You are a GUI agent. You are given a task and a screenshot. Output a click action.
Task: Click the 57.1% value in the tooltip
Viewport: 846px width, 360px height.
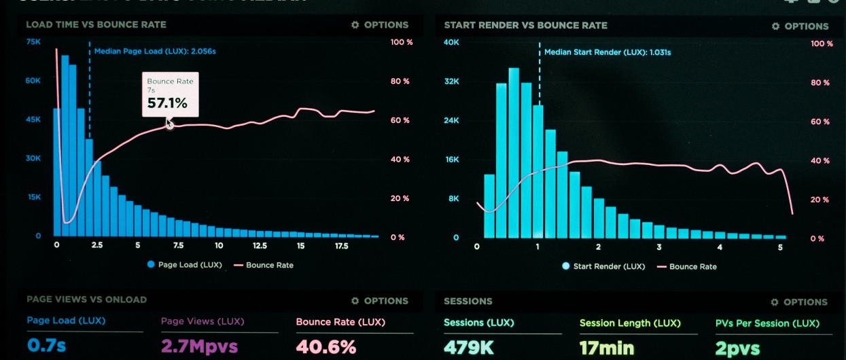coord(167,104)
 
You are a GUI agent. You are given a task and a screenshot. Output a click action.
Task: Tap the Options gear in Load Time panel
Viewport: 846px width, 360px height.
coord(355,25)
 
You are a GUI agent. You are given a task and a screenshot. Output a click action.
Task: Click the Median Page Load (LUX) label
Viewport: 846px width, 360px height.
coord(155,51)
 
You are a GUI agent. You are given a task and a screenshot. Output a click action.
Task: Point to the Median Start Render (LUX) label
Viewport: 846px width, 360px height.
coord(607,52)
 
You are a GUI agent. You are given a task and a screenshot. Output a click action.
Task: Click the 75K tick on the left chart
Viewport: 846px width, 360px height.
coord(33,41)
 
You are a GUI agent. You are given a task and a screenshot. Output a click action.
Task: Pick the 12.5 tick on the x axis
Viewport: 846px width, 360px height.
coord(260,246)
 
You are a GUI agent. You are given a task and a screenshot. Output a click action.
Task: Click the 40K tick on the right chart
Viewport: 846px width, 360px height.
coord(451,42)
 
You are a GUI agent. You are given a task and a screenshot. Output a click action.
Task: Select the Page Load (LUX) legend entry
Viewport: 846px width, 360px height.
coord(184,265)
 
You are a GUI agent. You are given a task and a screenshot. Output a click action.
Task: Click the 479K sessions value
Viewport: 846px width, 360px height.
coord(468,347)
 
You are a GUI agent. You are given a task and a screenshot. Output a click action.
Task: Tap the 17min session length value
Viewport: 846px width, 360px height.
coord(606,348)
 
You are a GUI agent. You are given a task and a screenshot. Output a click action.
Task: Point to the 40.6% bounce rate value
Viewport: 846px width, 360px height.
coord(325,346)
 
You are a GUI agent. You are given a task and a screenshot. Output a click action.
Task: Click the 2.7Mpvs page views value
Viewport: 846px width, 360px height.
coord(199,346)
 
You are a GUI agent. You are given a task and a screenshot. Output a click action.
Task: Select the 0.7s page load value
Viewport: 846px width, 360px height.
coord(46,346)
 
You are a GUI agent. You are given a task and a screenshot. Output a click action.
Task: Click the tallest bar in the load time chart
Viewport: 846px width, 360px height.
coord(65,146)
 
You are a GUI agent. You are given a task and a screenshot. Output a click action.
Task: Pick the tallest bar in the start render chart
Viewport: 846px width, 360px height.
coord(514,153)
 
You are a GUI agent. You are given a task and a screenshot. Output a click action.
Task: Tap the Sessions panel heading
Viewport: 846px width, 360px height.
coord(468,301)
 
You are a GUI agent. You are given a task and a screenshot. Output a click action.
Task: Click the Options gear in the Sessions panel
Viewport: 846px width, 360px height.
coord(775,302)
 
